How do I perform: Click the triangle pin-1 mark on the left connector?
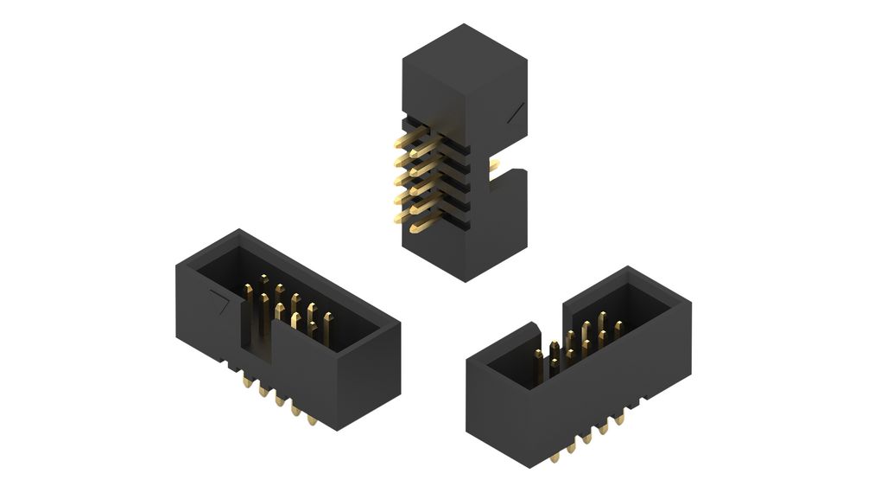click(219, 304)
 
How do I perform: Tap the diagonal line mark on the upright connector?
click(516, 111)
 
